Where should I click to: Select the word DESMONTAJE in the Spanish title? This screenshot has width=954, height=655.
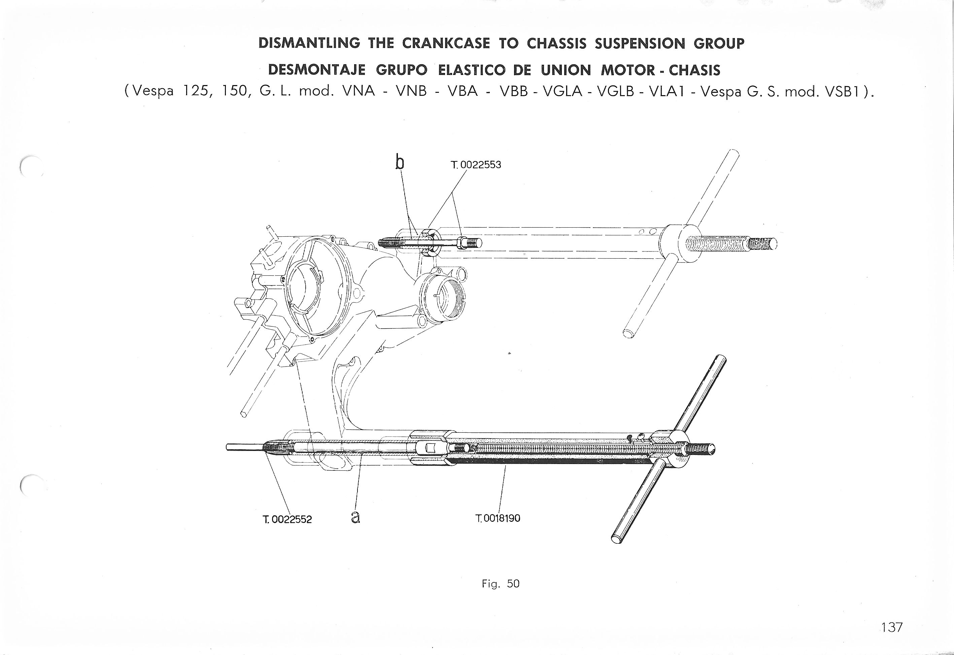[317, 70]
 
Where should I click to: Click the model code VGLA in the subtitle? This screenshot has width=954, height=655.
[563, 91]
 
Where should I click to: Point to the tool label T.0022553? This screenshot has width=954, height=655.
[476, 165]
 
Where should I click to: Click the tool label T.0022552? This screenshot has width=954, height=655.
[287, 519]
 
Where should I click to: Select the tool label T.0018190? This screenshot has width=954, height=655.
[498, 518]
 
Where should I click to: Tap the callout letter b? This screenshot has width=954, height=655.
[399, 162]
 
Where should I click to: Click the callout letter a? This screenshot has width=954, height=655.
[356, 518]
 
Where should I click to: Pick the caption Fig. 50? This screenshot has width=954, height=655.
[501, 584]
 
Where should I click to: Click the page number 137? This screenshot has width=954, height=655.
[891, 627]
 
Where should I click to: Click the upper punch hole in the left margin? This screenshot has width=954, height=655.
[29, 167]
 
